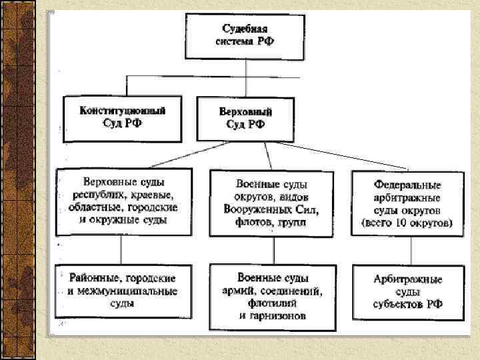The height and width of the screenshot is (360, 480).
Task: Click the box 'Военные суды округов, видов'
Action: click(271, 202)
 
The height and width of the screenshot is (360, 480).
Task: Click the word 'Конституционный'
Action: click(123, 109)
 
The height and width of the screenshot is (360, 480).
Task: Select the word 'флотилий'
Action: click(271, 303)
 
